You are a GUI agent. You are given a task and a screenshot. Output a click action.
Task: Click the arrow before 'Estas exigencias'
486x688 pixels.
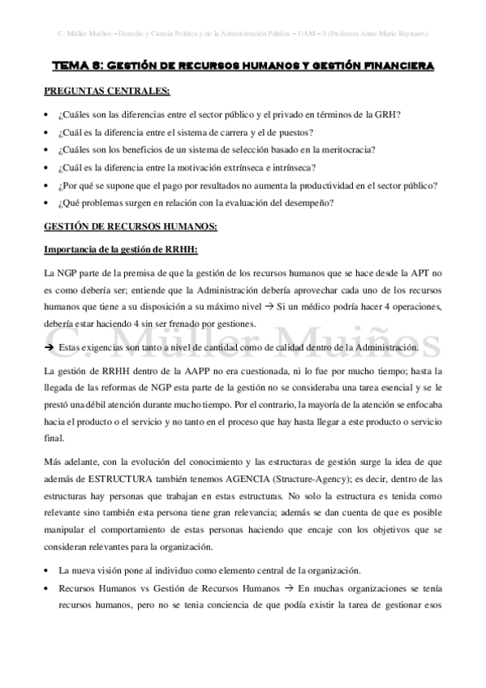(x=49, y=347)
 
